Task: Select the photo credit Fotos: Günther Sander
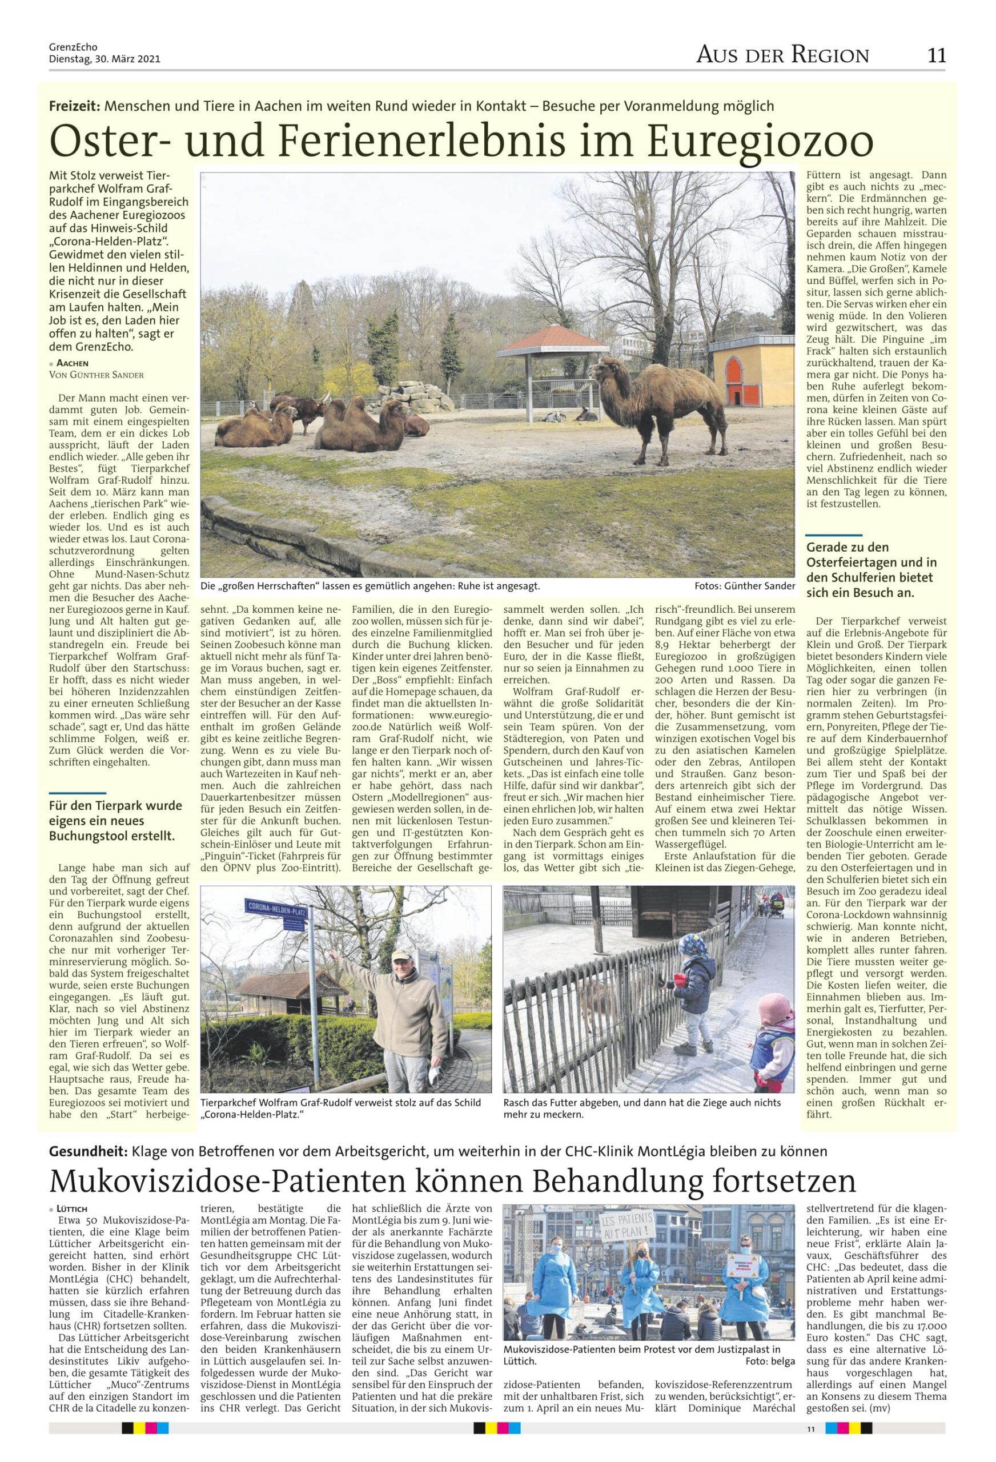744,586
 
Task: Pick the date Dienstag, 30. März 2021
105,60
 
